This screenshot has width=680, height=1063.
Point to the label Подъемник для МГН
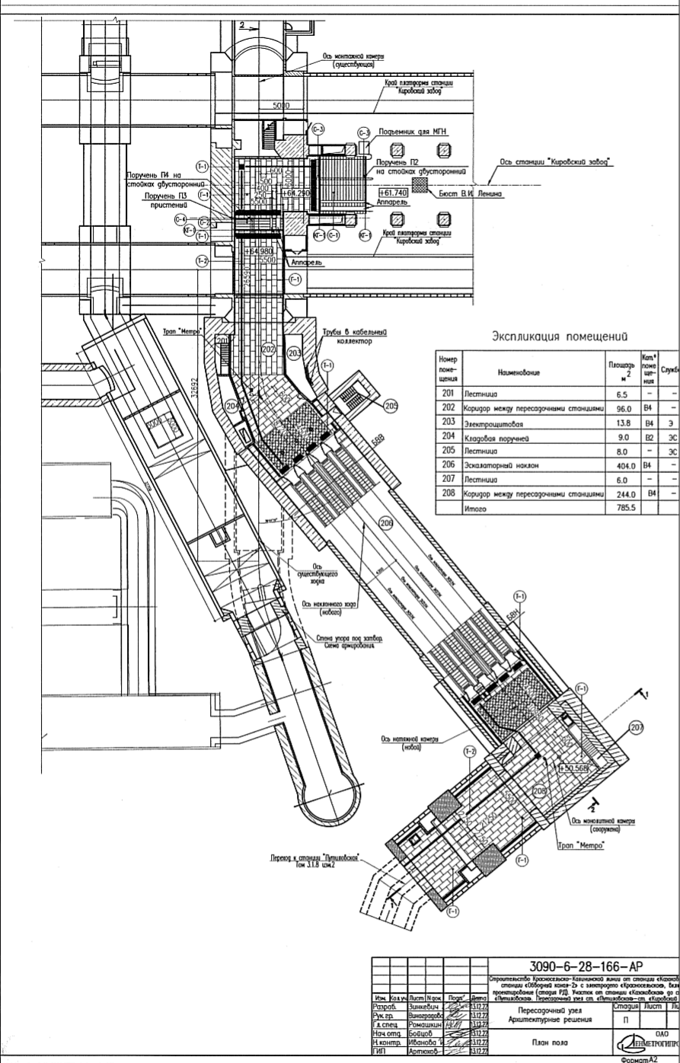click(410, 132)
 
